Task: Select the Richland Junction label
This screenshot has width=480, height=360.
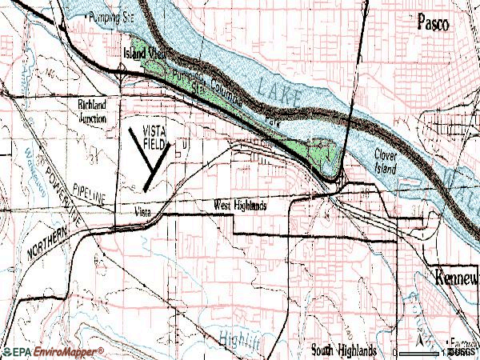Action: pyautogui.click(x=97, y=110)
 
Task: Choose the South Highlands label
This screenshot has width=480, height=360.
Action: pyautogui.click(x=344, y=350)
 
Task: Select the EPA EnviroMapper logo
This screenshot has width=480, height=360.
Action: pyautogui.click(x=52, y=351)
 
